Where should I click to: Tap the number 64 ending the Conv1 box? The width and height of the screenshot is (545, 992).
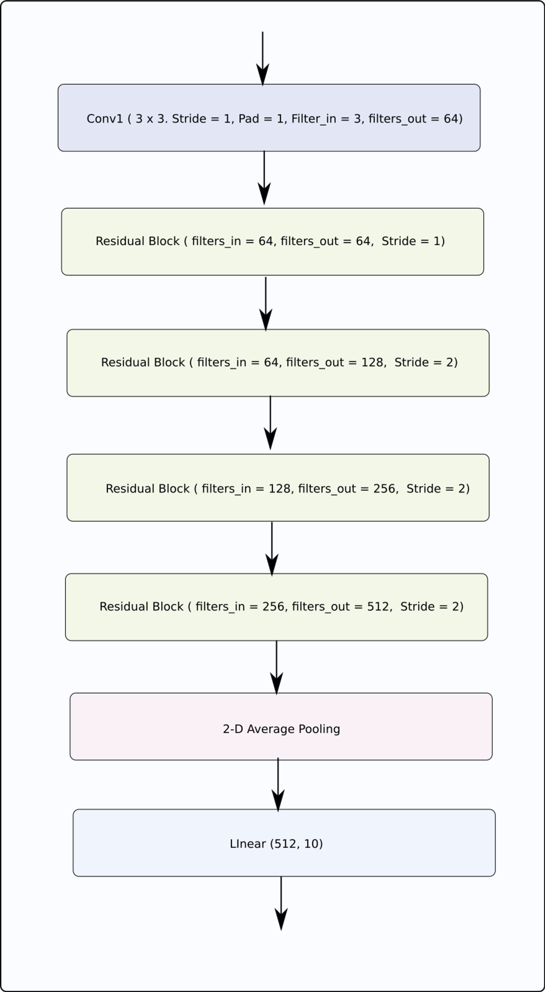451,119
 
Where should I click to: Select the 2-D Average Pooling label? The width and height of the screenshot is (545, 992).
281,729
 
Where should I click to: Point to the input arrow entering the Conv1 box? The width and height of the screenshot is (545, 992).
263,58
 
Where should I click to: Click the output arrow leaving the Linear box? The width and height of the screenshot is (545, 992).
281,903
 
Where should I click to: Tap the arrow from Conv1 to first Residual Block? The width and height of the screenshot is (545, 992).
264,177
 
